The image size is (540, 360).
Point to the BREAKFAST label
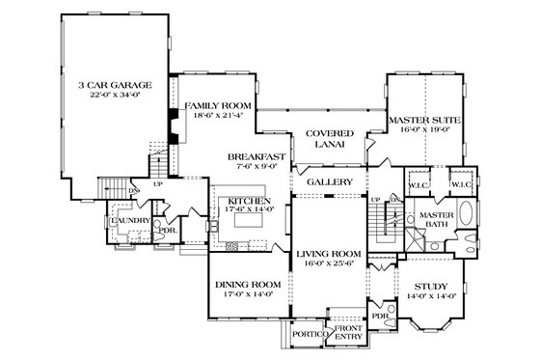click(257, 155)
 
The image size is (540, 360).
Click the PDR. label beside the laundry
click(166, 232)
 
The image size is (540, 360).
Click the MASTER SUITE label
click(424, 119)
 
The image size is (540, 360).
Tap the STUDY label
click(431, 287)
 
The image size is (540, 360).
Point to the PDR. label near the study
click(379, 316)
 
